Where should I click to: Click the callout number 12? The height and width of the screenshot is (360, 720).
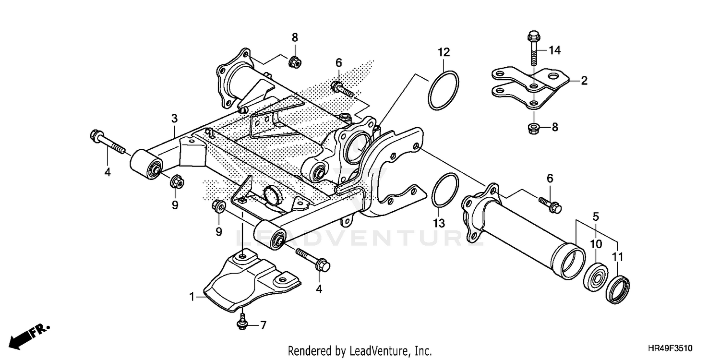click(444, 51)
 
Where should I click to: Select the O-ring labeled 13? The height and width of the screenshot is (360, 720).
click(445, 191)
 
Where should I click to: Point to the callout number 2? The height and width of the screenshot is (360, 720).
click(584, 81)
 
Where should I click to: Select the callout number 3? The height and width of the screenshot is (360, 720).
click(174, 118)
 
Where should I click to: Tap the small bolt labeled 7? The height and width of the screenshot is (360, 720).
click(243, 323)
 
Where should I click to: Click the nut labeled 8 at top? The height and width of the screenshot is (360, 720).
click(294, 61)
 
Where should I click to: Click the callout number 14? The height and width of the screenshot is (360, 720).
click(554, 50)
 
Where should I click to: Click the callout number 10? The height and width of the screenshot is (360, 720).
click(596, 244)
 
